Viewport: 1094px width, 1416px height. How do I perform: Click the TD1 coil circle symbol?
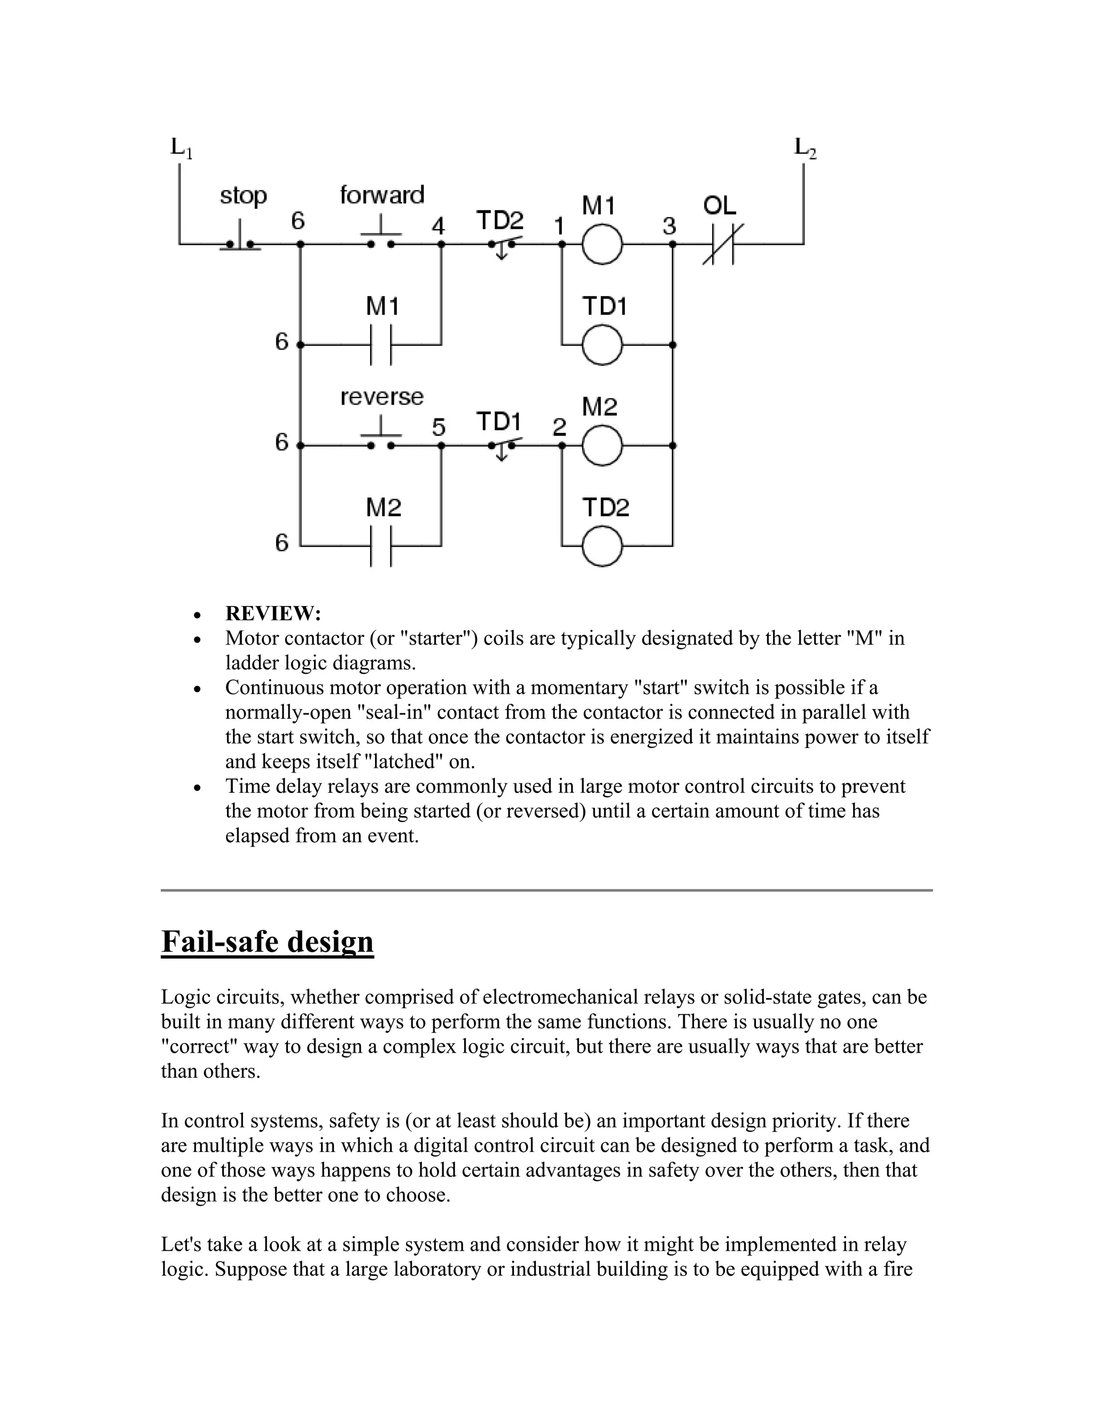point(602,345)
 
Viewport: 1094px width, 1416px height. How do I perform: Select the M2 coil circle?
point(602,446)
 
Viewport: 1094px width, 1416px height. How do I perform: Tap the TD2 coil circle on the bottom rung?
point(602,547)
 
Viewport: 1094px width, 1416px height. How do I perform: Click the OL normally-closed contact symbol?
point(723,244)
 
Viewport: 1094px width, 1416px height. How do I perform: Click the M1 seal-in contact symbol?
point(381,345)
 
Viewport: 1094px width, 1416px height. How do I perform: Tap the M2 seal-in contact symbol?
point(381,547)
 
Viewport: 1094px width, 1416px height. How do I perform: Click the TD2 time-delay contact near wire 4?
point(502,246)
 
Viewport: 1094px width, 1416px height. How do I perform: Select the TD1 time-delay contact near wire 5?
point(502,447)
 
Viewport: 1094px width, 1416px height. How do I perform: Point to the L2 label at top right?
point(805,148)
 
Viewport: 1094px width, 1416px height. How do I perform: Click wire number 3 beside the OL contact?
point(669,226)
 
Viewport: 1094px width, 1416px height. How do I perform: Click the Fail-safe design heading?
point(267,942)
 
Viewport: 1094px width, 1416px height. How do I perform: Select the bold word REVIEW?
point(273,613)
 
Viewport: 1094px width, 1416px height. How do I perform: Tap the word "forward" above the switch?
point(382,194)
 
